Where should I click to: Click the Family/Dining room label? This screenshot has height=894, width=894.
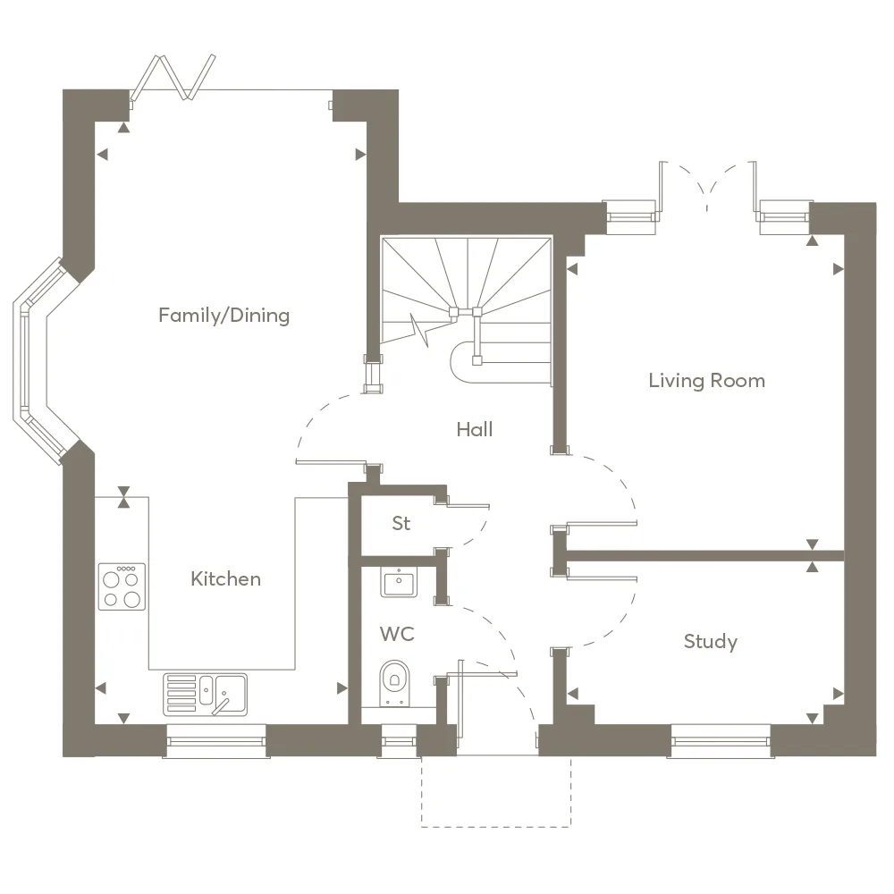coord(224,316)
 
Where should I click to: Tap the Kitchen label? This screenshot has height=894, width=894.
coord(226,578)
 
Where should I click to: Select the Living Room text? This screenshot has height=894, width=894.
coord(707,381)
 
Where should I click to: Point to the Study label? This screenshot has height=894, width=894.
coord(711,641)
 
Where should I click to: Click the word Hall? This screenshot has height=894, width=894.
coord(475,429)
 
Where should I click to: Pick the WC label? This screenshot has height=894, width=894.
coord(397,634)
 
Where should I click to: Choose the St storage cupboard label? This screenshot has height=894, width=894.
coord(401,523)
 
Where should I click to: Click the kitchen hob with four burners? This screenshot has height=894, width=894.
coord(122,586)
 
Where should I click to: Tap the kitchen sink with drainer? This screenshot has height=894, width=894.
coord(206,695)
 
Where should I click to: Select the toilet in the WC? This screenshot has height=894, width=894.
coord(394,682)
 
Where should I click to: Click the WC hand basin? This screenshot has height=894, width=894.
coord(399,582)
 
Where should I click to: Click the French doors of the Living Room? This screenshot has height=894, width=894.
coord(707,188)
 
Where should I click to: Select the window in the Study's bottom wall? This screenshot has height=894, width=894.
coord(721,741)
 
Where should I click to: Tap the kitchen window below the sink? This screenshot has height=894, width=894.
coord(216,741)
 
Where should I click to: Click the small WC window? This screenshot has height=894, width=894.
coord(399,741)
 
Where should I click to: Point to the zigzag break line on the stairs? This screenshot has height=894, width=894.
coord(420,331)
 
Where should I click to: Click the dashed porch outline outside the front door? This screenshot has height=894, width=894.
coord(496,792)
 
